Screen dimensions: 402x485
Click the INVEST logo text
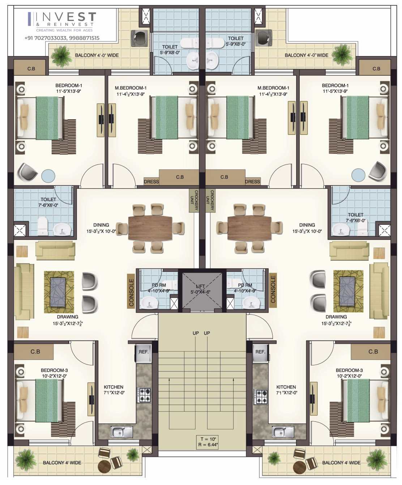point(66,17)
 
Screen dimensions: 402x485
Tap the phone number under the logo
point(62,38)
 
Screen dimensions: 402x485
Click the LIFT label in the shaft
point(200,286)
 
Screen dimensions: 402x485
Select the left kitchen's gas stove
point(144,395)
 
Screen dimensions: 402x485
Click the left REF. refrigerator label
point(144,352)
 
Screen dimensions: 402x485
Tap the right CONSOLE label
point(273,289)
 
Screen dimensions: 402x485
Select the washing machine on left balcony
point(140,38)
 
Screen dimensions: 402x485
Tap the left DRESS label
point(151,182)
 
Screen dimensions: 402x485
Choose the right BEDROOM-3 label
point(349,370)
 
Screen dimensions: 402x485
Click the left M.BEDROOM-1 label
point(131,88)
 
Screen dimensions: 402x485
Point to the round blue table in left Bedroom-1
point(48,176)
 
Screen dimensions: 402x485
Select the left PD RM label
point(159,285)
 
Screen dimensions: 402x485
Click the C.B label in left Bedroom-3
point(35,352)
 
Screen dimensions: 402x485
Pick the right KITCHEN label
point(286,387)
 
